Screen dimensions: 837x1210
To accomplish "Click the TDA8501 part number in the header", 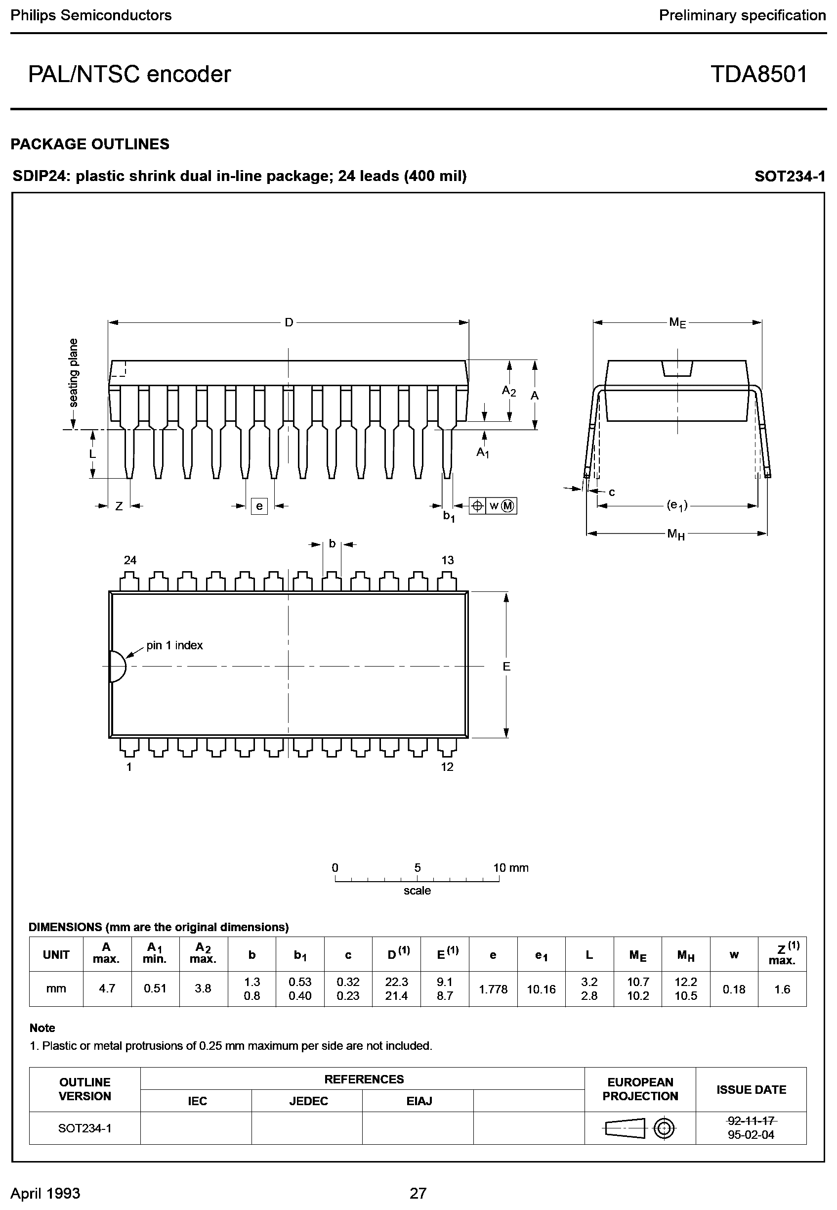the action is (758, 75).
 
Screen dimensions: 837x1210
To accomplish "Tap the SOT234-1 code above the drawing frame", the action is (790, 177).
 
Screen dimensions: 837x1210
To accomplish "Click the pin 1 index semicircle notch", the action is (118, 667).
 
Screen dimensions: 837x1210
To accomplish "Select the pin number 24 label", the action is (130, 560).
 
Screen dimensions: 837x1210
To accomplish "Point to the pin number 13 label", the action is (447, 560).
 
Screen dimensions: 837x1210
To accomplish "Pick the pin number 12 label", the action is (447, 766).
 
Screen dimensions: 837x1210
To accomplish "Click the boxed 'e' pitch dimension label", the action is (259, 506).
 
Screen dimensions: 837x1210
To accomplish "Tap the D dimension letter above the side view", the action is (289, 323).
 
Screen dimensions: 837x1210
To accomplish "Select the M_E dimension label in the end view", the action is (677, 323).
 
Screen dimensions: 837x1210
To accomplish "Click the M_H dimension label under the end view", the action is (676, 535).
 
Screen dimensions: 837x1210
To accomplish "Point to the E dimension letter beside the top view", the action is (506, 667).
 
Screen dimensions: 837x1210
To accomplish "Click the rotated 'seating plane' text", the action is (74, 373).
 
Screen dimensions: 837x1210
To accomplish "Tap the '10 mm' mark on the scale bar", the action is (511, 868).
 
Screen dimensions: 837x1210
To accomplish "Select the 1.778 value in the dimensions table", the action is (493, 989).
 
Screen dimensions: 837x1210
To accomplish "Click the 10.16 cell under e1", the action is (541, 989).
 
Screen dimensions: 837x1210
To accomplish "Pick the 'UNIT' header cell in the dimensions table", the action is (56, 955).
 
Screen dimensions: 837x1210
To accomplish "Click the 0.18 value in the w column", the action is (734, 989).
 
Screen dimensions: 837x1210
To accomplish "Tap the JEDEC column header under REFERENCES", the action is (308, 1101).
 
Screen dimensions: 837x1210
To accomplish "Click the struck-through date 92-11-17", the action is (751, 1121).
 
